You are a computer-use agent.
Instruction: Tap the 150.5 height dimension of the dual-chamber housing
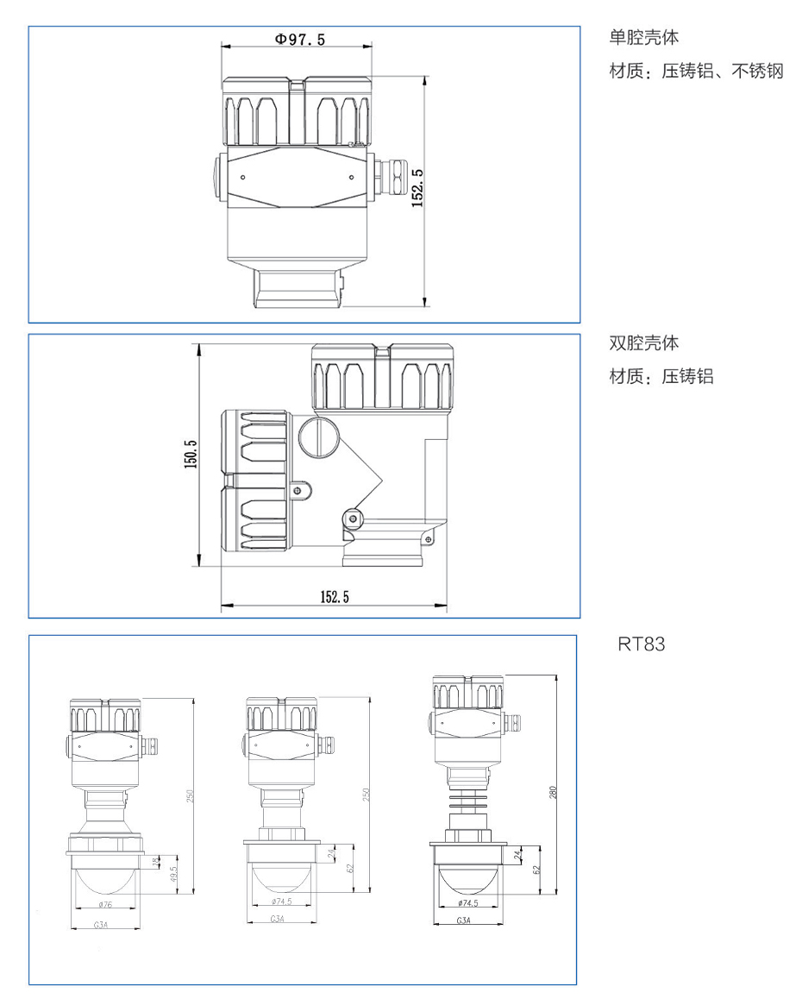[x=191, y=455]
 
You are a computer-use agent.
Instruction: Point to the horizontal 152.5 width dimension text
[x=335, y=596]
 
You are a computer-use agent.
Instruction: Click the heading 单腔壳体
[x=644, y=38]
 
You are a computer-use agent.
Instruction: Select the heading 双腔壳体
[x=644, y=343]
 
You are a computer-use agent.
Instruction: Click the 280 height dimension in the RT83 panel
[x=554, y=791]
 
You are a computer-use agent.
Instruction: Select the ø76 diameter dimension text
[x=106, y=904]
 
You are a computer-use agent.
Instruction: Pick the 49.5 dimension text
[x=172, y=873]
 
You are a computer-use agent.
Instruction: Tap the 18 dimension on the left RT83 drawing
[x=155, y=861]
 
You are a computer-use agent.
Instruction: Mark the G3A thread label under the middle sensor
[x=278, y=920]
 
